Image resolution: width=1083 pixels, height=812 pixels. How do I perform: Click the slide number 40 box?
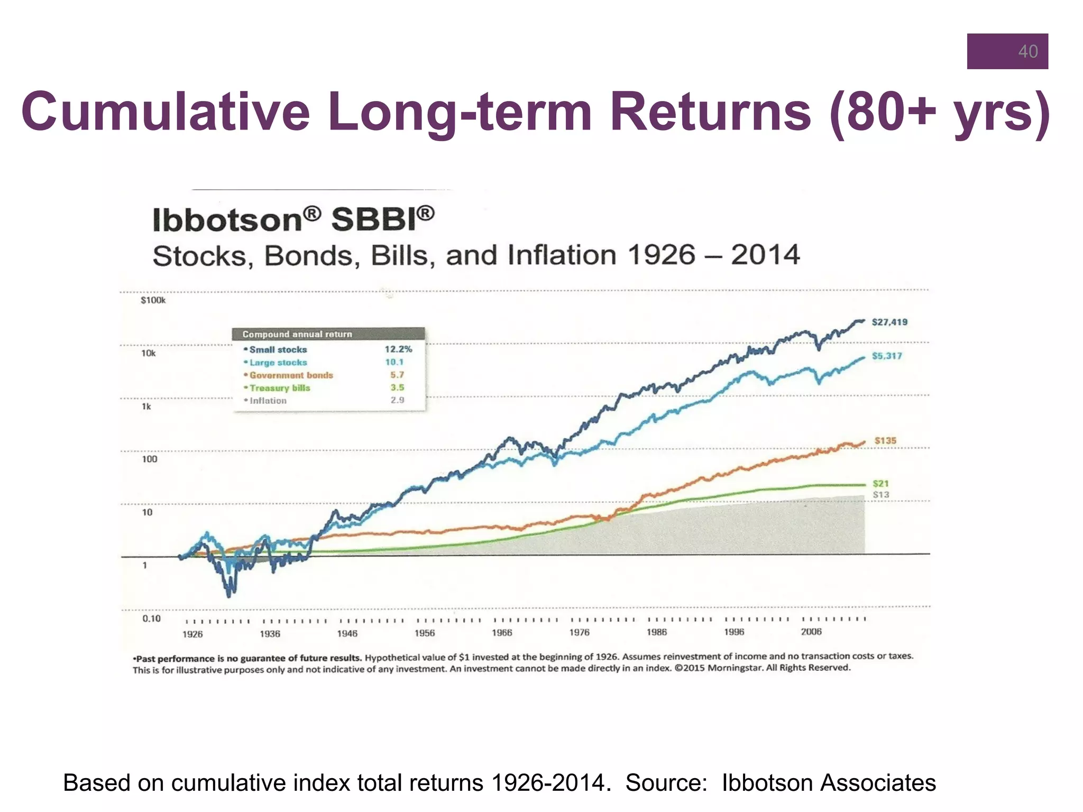click(x=1007, y=51)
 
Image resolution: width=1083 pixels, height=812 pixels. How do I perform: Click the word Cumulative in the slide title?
click(x=165, y=112)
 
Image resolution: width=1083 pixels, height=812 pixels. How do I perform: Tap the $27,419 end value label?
click(x=889, y=322)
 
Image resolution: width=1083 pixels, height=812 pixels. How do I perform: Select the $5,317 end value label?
click(x=887, y=356)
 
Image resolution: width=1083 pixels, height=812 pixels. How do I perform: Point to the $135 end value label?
click(x=885, y=440)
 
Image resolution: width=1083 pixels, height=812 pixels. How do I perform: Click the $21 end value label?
click(x=880, y=483)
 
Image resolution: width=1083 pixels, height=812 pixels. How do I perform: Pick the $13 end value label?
click(x=880, y=495)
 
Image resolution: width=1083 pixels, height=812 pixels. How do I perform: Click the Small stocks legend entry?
click(x=278, y=349)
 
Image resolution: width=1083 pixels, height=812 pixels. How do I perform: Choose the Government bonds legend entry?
click(x=291, y=375)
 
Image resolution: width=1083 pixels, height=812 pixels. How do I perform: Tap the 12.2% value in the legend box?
click(x=398, y=349)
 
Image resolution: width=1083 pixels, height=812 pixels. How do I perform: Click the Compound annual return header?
click(x=297, y=334)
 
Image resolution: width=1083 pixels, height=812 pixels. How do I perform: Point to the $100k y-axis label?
click(x=153, y=300)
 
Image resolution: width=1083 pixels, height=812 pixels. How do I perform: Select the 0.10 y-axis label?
click(x=151, y=618)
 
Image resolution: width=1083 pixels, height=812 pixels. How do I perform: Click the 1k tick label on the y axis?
click(x=146, y=407)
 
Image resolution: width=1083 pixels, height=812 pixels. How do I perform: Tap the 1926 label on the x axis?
click(x=192, y=634)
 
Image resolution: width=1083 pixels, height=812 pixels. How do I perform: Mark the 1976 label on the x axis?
click(x=579, y=632)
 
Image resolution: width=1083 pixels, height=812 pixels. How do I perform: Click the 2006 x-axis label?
click(x=811, y=632)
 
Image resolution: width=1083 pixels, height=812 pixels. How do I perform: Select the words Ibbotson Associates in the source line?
click(x=829, y=782)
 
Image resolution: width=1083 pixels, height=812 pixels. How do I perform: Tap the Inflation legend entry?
click(x=268, y=401)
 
